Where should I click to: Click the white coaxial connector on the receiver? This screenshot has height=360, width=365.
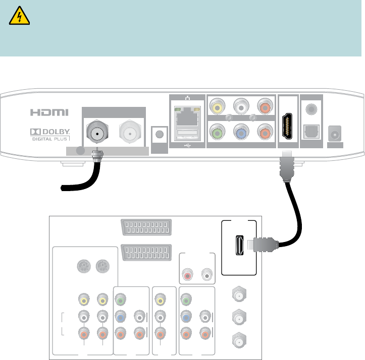[128, 134]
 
